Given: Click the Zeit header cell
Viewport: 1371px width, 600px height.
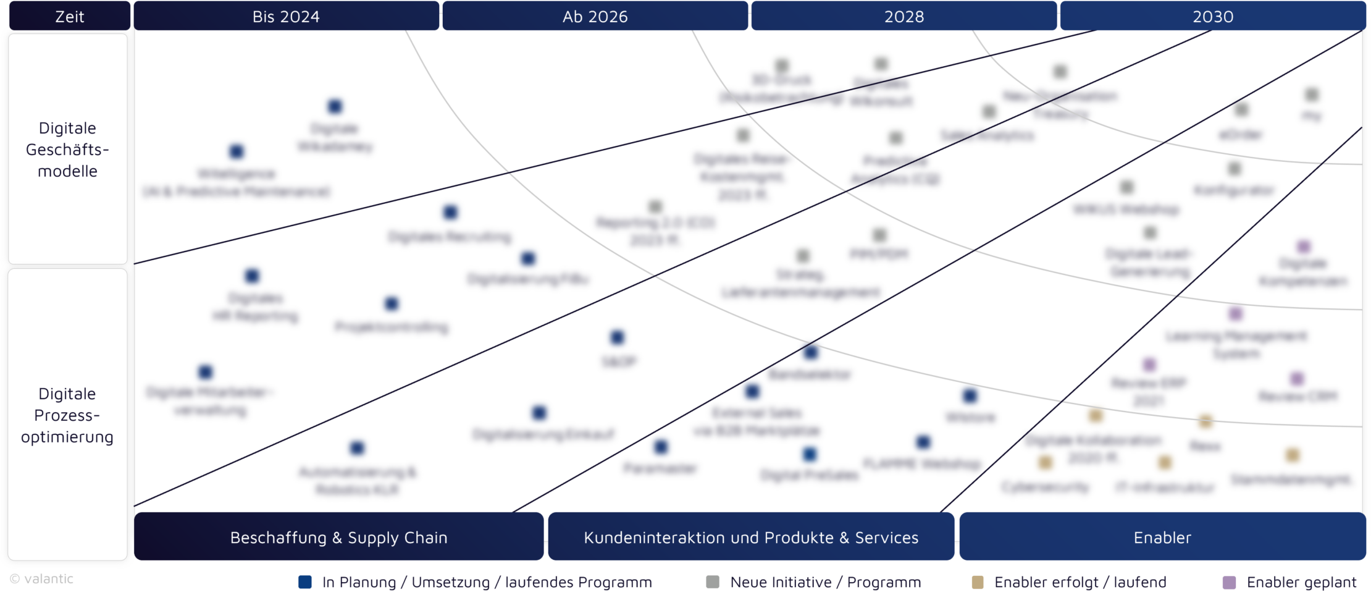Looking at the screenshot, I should (69, 16).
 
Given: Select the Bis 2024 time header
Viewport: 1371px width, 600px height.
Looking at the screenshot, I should (286, 16).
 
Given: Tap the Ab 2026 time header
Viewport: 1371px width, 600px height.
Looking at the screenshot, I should (595, 16).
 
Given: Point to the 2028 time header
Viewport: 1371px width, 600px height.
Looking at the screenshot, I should (904, 16).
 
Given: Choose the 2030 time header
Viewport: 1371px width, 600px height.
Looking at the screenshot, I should (1212, 16).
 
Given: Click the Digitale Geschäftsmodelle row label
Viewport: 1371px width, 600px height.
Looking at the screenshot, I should (67, 150).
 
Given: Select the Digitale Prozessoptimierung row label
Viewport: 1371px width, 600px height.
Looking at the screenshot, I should (67, 415).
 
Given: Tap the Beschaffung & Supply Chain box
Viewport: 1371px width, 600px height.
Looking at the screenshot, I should (338, 537).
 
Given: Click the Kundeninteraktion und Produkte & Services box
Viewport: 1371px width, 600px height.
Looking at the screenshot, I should (751, 537).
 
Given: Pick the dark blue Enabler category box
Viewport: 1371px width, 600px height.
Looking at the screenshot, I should (1162, 537).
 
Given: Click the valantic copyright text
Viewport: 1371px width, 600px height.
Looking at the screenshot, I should (42, 579).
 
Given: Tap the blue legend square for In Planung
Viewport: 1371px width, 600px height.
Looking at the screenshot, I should (305, 582).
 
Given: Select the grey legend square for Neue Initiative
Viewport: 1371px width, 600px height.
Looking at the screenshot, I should (713, 582).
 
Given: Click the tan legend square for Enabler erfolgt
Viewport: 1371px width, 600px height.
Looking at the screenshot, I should (978, 582).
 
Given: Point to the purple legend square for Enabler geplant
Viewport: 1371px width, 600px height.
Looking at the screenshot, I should (1230, 582).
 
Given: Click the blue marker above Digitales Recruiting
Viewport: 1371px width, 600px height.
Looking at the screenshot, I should (450, 213).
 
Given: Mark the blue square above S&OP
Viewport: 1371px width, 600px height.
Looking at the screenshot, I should (617, 337).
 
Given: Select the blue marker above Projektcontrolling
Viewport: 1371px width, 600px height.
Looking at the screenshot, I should (392, 303).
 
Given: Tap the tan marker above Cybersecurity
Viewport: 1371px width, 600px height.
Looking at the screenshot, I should (1045, 462).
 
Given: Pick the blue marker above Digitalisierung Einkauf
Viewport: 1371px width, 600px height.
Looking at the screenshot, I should (539, 412).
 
